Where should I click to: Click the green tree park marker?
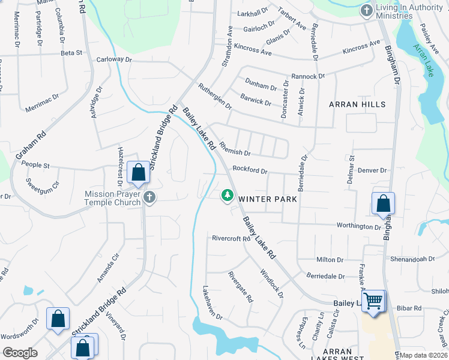click(x=227, y=195)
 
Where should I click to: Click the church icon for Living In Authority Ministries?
click(x=366, y=10)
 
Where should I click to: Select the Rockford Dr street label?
click(x=250, y=170)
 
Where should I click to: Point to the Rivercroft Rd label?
click(x=231, y=238)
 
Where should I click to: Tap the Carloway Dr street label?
click(x=114, y=59)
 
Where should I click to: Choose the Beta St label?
click(x=71, y=53)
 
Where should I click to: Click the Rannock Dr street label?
click(x=307, y=76)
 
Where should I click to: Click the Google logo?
click(x=20, y=353)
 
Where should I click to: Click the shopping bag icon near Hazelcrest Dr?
click(x=139, y=173)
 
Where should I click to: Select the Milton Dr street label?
click(x=330, y=260)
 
